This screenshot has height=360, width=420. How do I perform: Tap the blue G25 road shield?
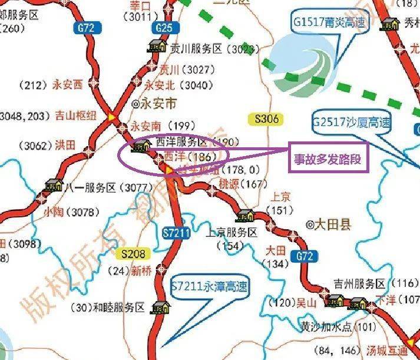click(x=164, y=28)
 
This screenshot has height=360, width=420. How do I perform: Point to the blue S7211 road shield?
click(x=175, y=233)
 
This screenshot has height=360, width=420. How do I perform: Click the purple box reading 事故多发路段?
click(x=328, y=158)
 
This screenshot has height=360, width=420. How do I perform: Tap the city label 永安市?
click(x=154, y=104)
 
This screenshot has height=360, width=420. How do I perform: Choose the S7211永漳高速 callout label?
click(x=209, y=287)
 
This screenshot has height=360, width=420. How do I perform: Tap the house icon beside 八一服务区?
click(x=54, y=186)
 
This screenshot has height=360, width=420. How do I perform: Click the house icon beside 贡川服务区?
click(x=157, y=46)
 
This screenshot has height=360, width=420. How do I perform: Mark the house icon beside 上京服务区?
click(x=244, y=216)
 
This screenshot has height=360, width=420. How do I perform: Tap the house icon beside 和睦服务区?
click(x=160, y=308)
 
